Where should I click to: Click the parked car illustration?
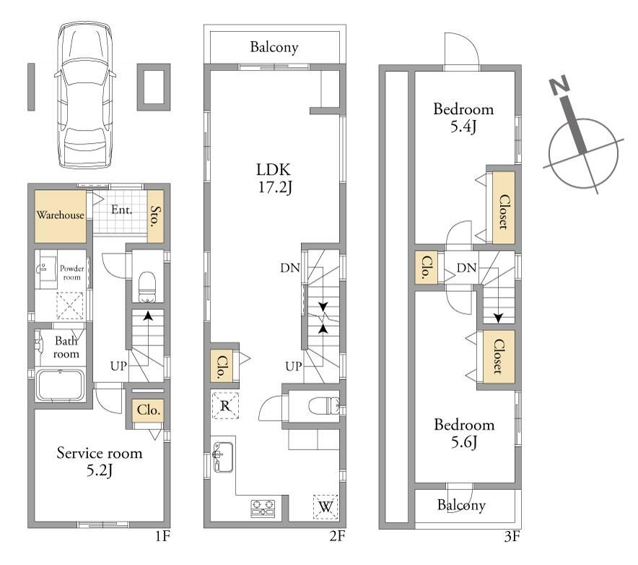pos(84,95)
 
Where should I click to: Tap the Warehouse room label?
pos(60,215)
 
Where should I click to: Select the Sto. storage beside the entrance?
pos(155,216)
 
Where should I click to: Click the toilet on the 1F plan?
pos(147,286)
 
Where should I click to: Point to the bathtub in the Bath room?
pos(60,385)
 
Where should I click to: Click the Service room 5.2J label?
pos(100,462)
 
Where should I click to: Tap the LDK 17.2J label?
pos(274,178)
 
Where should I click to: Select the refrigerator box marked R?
pos(225,405)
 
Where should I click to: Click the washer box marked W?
pos(325,506)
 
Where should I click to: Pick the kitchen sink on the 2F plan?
pos(223,457)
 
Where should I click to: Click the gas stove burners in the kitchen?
pos(263,509)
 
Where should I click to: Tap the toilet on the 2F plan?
pos(324,406)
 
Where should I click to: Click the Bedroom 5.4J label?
pos(463,118)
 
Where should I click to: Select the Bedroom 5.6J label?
pos(464,433)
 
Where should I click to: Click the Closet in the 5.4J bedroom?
pos(504,208)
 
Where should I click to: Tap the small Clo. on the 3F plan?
pos(426,267)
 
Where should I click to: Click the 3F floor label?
pos(512,536)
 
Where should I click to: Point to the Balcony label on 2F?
pos(274,47)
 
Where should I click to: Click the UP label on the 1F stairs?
pos(118,366)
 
